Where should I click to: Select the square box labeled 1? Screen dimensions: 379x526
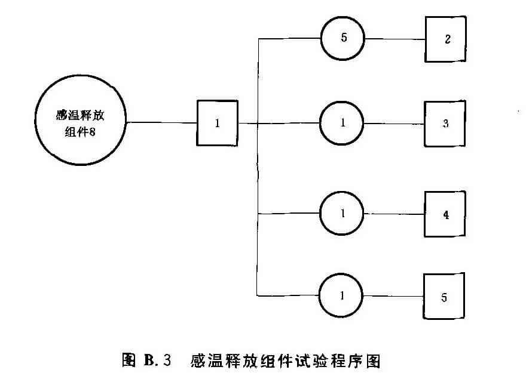[x=217, y=123]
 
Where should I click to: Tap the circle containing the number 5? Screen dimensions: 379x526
[x=342, y=39]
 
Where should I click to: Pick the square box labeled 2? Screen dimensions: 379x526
[x=445, y=39]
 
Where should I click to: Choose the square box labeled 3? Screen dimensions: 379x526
[x=445, y=124]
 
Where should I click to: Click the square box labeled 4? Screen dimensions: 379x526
[x=445, y=214]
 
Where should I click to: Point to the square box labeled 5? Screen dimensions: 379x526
[x=444, y=296]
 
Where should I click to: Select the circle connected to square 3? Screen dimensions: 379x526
[x=342, y=124]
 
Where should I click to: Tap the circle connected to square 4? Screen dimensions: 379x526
[x=342, y=214]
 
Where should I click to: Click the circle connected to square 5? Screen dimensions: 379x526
[x=342, y=295]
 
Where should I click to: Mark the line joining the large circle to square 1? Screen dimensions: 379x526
[x=161, y=123]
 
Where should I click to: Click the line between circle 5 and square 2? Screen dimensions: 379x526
[x=395, y=39]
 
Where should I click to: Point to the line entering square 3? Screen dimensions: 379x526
[x=395, y=124]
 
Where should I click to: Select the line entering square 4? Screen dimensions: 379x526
[x=395, y=214]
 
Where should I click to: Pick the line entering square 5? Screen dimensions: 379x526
[x=395, y=296]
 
